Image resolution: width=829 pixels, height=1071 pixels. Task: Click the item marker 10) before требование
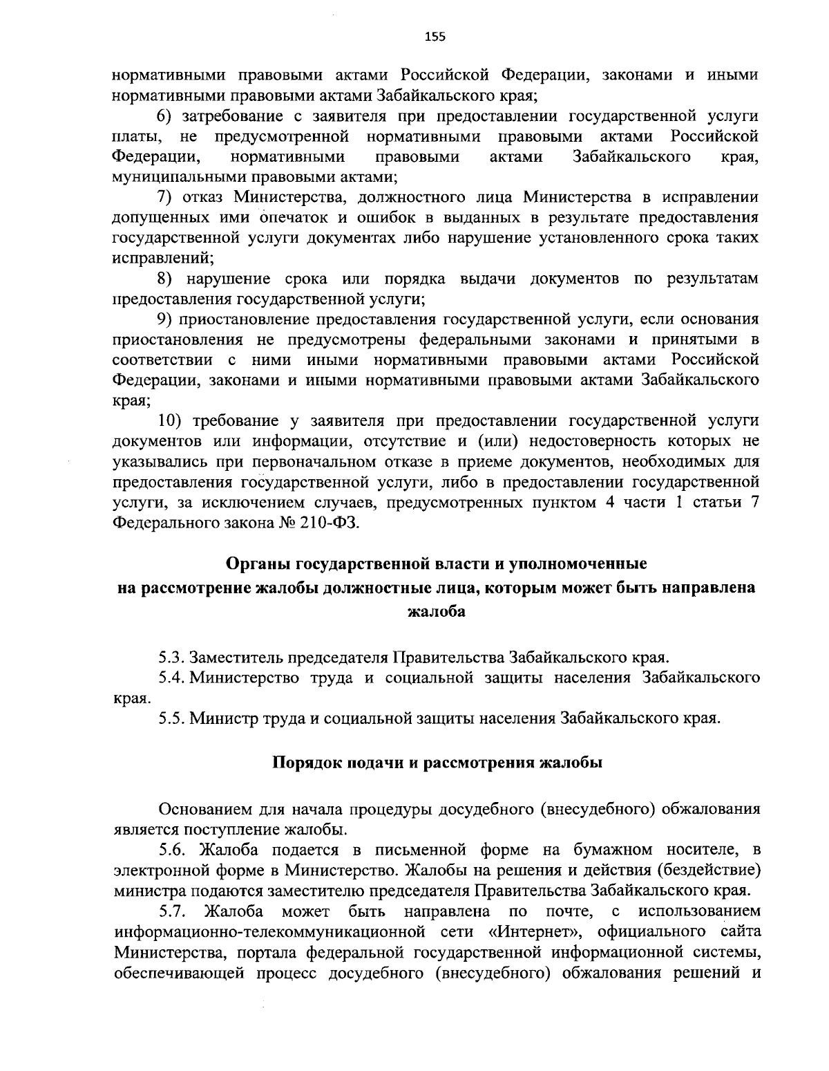click(x=170, y=420)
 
